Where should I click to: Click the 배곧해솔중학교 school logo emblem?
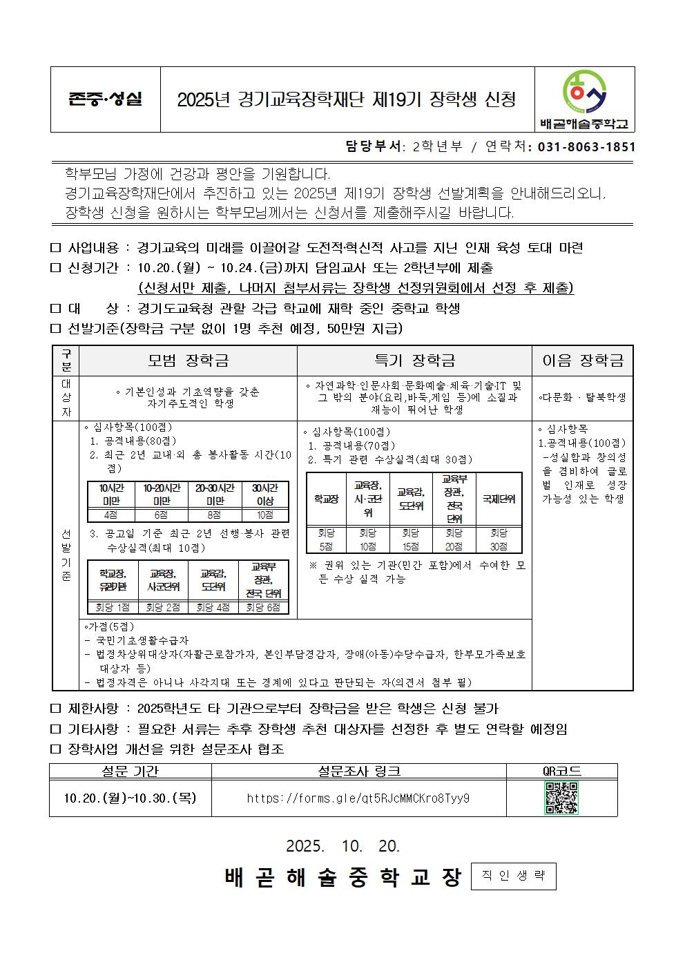pos(585,91)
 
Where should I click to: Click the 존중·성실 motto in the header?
pos(105,99)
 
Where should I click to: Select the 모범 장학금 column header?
pos(188,361)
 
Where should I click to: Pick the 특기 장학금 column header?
pos(414,361)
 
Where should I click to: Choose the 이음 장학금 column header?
pos(583,361)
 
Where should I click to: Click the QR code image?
pos(561,798)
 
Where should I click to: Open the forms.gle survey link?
pos(358,798)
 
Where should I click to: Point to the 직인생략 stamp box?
pos(513,876)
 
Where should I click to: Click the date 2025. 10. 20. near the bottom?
pos(342,846)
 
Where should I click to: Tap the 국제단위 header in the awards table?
pos(499,499)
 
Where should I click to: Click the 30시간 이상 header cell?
pos(265,495)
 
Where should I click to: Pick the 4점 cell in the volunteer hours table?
pos(110,515)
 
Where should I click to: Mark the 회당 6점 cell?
pos(264,608)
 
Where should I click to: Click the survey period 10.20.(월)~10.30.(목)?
pos(130,798)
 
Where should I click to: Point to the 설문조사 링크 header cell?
pos(358,771)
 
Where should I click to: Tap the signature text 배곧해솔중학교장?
pos(343,877)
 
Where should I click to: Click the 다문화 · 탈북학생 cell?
pos(582,398)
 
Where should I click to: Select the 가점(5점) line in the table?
pos(111,627)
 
